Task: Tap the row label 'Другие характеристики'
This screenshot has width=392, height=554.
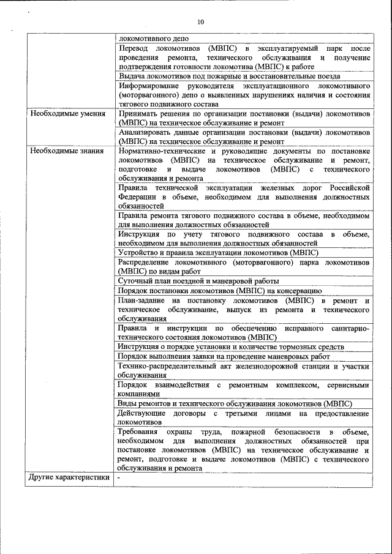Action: [x=69, y=477]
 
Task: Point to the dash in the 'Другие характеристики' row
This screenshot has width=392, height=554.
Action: [x=119, y=477]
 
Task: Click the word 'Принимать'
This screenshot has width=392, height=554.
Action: [x=138, y=114]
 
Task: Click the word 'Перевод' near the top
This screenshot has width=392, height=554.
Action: [x=134, y=48]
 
